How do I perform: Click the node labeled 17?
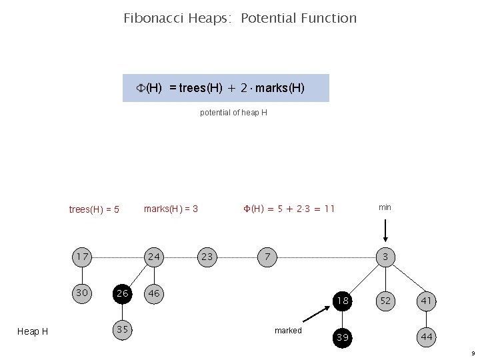[x=83, y=257]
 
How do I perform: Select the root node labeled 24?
[x=155, y=257]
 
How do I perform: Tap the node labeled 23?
[x=207, y=257]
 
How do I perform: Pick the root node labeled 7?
[x=267, y=257]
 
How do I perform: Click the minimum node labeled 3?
[x=385, y=257]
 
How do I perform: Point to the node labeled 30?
[x=83, y=293]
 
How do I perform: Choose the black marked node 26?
[x=121, y=293]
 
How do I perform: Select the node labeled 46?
[x=155, y=293]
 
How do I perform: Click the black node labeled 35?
[x=121, y=329]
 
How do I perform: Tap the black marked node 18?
[x=343, y=301]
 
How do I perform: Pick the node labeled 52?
[x=385, y=301]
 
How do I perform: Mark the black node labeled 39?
[x=343, y=337]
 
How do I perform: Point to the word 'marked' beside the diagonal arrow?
[x=288, y=331]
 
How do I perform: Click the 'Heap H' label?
[x=32, y=331]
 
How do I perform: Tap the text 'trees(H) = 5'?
[x=94, y=209]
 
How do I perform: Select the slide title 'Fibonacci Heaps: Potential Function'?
[x=240, y=18]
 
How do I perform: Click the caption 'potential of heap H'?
[x=233, y=113]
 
